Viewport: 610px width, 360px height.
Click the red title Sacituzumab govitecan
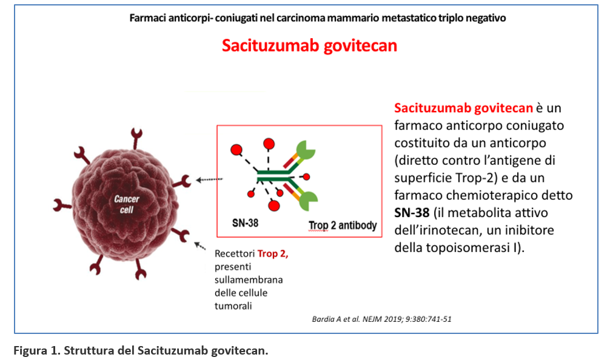[309, 45]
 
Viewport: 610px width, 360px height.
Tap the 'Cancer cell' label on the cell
[127, 204]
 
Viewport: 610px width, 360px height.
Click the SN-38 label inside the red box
[245, 223]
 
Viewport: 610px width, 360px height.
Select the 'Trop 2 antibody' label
[343, 225]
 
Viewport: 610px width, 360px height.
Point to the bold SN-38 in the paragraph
[412, 213]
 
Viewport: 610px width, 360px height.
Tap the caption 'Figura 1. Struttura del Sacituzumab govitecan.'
[141, 351]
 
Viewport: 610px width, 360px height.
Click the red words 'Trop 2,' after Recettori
[273, 253]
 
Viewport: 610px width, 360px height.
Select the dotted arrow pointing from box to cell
[209, 179]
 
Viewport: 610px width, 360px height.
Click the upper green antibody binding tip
[306, 150]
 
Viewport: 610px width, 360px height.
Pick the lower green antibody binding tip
[309, 201]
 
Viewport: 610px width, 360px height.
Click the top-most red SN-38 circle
[269, 144]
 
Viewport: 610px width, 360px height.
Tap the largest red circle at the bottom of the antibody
[274, 205]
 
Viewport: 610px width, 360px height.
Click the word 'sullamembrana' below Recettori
[249, 279]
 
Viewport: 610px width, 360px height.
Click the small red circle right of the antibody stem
[307, 177]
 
